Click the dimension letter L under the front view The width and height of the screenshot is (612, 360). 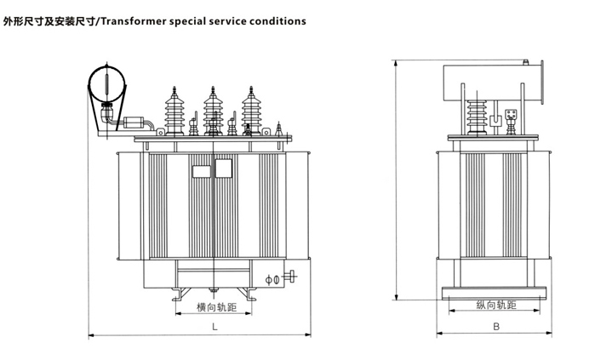click(x=215, y=326)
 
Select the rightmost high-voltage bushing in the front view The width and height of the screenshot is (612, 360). click(x=251, y=111)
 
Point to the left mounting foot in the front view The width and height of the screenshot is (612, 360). click(x=176, y=294)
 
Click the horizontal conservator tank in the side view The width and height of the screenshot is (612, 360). click(x=485, y=81)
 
